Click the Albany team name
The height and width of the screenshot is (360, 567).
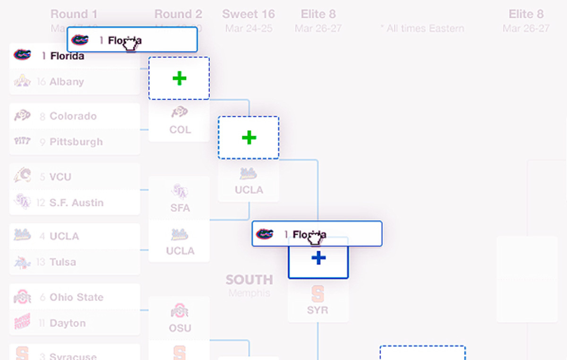(67, 82)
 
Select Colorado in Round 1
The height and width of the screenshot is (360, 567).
(73, 116)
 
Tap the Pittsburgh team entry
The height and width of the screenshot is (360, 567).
(76, 142)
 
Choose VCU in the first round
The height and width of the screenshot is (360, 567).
(60, 177)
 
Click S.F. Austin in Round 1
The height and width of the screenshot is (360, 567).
(76, 203)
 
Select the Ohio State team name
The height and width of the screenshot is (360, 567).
(76, 298)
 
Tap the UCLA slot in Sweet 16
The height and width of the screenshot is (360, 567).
(249, 181)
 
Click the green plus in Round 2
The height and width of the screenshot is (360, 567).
(179, 78)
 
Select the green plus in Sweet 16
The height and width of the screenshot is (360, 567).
(249, 137)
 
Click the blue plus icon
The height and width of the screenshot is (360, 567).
(318, 258)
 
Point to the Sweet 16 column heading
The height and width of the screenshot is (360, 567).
(249, 14)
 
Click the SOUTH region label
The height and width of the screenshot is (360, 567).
(249, 280)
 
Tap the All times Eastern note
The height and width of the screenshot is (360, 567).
(422, 29)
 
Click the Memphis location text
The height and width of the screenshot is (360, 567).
(249, 293)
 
